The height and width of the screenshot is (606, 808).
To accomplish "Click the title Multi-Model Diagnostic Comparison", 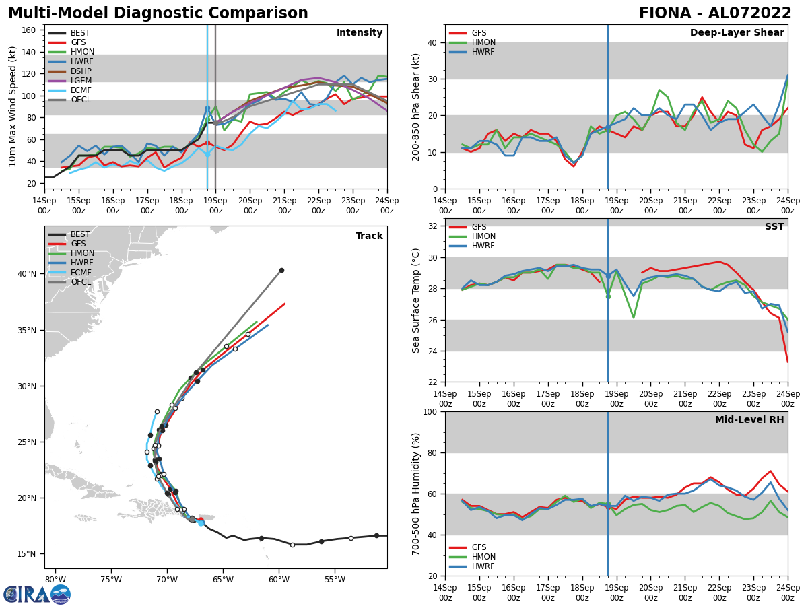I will pos(158,13).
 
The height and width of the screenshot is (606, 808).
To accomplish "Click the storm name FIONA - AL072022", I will pos(715,13).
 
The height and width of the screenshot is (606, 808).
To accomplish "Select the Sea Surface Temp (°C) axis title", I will pos(416,300).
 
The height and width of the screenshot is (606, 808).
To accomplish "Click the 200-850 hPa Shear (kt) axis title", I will pos(416,106).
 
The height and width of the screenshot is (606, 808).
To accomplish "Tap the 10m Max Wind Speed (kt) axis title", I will pos(12,106).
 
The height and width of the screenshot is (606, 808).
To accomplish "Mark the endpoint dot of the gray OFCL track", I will pos(281,270).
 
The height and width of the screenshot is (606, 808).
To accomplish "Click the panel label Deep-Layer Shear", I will pos(737,33).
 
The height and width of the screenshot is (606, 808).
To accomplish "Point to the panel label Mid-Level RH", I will pos(749,420).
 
